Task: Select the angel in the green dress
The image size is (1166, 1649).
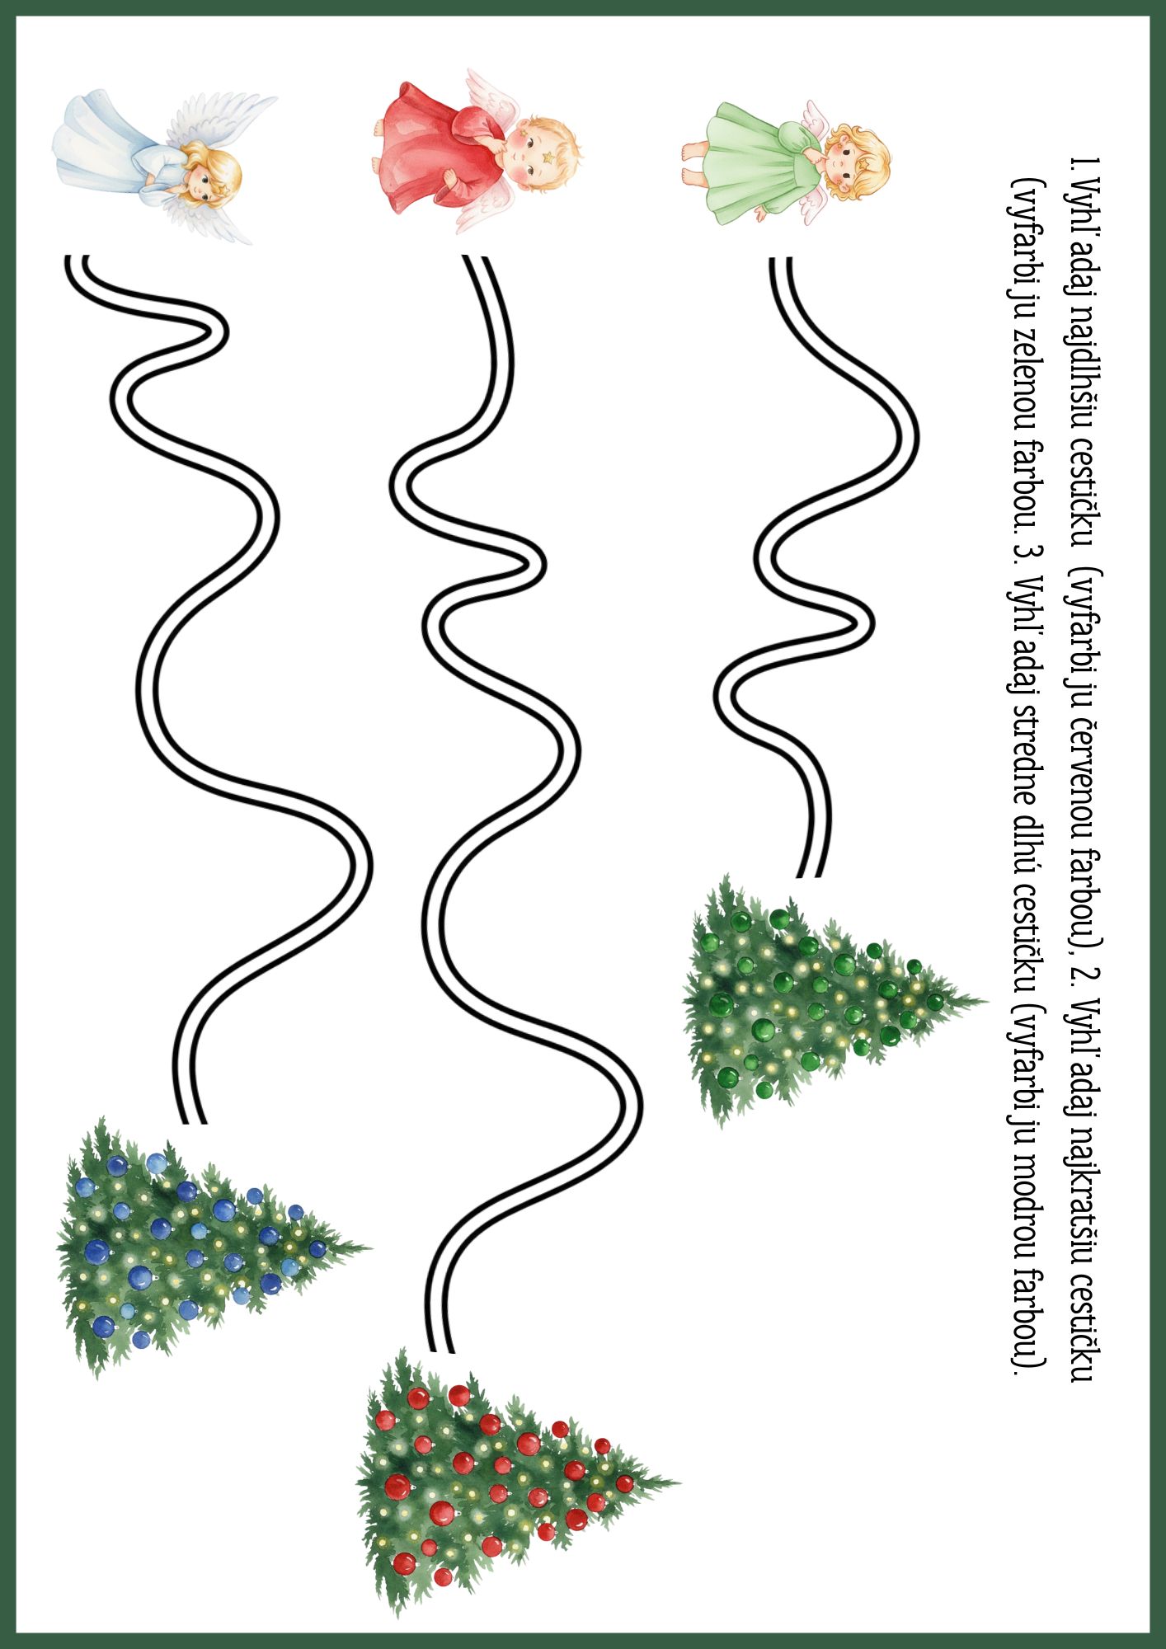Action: pyautogui.click(x=788, y=161)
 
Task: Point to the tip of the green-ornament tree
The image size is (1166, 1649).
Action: pyautogui.click(x=986, y=1001)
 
